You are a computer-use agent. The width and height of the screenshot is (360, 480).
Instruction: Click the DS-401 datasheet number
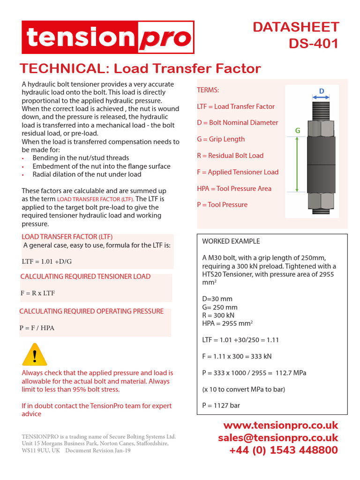tap(313, 44)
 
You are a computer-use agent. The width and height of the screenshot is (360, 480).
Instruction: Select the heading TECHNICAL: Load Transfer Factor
tap(140, 68)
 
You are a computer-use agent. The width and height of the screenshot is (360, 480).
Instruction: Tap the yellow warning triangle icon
tap(35, 354)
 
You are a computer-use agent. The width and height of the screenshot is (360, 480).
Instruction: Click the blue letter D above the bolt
tap(322, 90)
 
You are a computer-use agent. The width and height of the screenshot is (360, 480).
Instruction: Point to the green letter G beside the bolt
tap(297, 131)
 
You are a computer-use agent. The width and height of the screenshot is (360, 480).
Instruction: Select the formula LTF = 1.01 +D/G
tap(46, 261)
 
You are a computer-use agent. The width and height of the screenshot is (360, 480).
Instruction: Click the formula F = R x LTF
tap(37, 293)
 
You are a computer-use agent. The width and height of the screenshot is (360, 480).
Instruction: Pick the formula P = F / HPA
tap(37, 328)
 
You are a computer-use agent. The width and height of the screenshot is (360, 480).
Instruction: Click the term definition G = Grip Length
tap(221, 139)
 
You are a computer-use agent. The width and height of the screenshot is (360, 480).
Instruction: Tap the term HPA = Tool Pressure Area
tap(234, 188)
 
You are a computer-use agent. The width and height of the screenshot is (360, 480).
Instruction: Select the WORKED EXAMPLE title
tap(231, 241)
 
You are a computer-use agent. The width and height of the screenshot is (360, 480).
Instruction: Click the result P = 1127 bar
tap(221, 405)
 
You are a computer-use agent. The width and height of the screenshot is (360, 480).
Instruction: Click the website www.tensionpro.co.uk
tap(280, 426)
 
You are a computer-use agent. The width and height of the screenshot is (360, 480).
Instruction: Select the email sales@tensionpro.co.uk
tap(278, 438)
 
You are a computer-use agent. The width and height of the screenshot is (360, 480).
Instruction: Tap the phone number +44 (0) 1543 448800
tap(283, 450)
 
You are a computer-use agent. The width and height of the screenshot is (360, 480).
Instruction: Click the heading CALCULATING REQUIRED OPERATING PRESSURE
tap(91, 311)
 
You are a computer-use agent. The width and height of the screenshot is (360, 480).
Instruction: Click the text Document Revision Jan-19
tap(98, 450)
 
